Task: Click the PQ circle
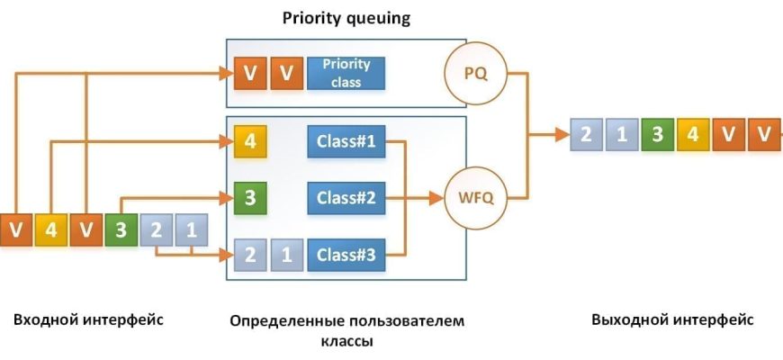tap(475, 74)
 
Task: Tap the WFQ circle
tap(475, 194)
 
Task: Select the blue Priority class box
tap(346, 74)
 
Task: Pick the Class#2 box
tap(346, 196)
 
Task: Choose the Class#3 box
tap(346, 255)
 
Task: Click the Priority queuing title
tap(346, 18)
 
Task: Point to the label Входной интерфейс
tap(88, 320)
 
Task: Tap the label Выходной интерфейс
tap(671, 320)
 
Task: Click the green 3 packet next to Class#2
tap(250, 196)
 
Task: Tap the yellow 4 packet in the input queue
tap(50, 229)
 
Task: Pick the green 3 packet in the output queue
tap(657, 135)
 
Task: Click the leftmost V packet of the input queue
tap(15, 229)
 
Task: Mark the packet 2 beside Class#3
tap(250, 255)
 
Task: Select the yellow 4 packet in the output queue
tap(693, 135)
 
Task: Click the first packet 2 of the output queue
tap(586, 135)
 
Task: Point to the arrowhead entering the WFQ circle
tap(441, 194)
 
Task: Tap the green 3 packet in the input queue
tap(121, 229)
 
